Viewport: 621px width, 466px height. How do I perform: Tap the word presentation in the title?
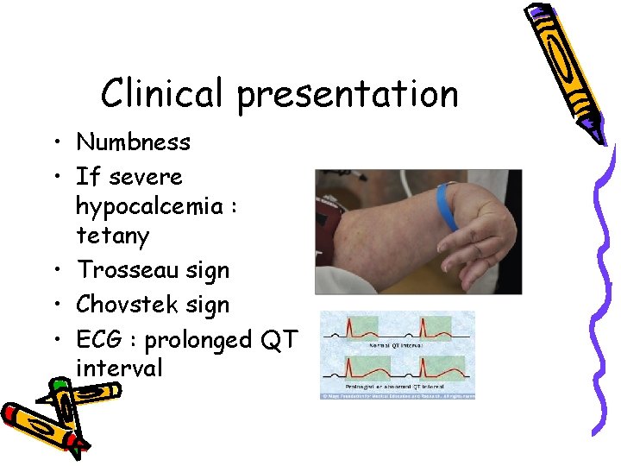pos(348,95)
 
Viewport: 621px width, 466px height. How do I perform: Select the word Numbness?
pos(133,142)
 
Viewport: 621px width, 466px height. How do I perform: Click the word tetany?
pos(112,236)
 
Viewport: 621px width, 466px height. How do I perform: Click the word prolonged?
pos(196,341)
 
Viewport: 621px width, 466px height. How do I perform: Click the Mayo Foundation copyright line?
pos(398,396)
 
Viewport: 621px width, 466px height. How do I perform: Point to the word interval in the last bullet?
pos(118,368)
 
